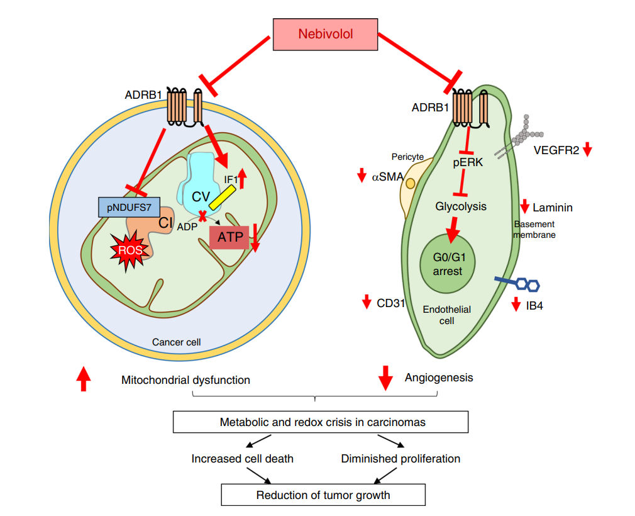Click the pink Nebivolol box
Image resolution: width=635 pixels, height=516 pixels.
click(x=324, y=34)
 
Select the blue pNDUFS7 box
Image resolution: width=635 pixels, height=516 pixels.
click(x=128, y=206)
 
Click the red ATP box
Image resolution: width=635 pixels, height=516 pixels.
click(x=229, y=237)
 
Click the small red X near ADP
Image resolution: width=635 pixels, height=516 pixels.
click(x=203, y=216)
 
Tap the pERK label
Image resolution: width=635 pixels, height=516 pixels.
click(x=468, y=162)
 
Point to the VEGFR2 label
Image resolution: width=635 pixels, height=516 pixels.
click(x=556, y=150)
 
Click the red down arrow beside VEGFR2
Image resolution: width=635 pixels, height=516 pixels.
click(x=587, y=150)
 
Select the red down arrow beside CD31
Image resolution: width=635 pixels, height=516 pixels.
click(x=367, y=303)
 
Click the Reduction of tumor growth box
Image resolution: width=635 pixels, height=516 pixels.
click(x=323, y=495)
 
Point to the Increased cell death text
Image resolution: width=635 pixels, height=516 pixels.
click(x=242, y=458)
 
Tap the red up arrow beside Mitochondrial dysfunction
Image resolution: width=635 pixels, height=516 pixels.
click(x=83, y=379)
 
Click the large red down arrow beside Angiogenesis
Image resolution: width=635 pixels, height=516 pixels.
click(x=385, y=378)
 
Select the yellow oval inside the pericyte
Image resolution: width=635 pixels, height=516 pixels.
click(x=411, y=184)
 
